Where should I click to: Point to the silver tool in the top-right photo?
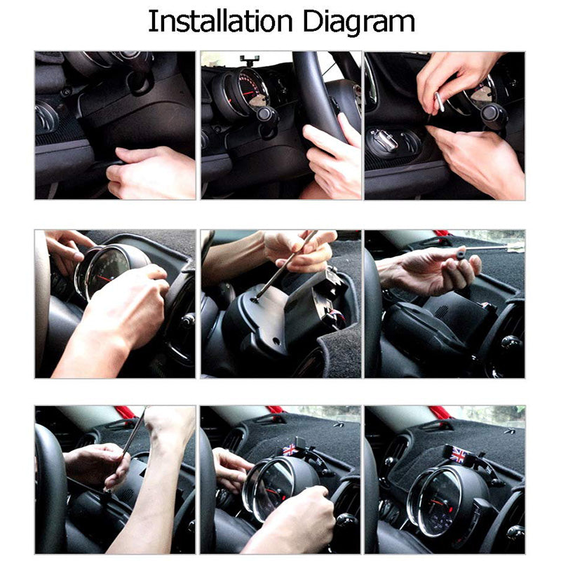pyautogui.click(x=440, y=102)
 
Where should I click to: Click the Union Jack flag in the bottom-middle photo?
pyautogui.click(x=289, y=450)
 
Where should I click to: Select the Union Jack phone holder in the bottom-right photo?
pyautogui.click(x=459, y=454)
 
